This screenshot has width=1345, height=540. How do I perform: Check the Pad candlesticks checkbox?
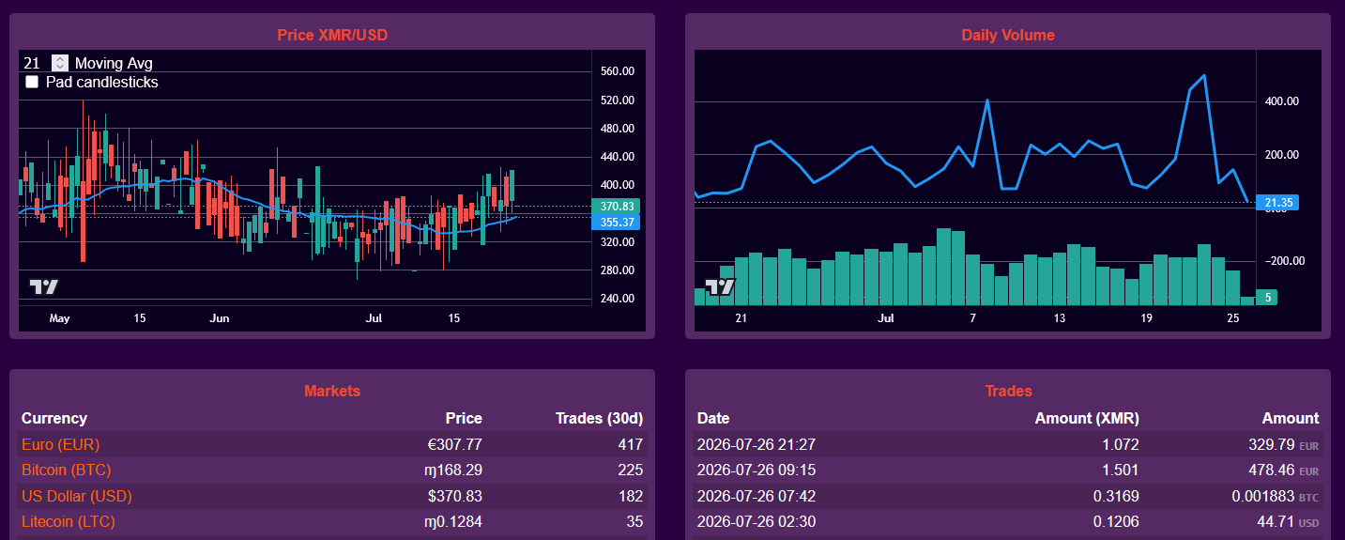[x=32, y=82]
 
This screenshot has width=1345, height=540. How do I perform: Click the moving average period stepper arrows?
[x=59, y=63]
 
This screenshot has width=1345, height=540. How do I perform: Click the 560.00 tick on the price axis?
[x=618, y=70]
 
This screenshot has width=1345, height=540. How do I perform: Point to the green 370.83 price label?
[x=616, y=206]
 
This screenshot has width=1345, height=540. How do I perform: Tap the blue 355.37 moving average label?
[x=616, y=223]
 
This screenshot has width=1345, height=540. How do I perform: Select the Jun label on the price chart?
[x=220, y=318]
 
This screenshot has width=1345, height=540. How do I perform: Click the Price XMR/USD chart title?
[x=332, y=35]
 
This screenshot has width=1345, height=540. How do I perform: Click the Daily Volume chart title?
[x=1007, y=35]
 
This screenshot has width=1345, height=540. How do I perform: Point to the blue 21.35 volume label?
[x=1277, y=203]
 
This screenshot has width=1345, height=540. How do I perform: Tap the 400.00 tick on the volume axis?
[x=1281, y=100]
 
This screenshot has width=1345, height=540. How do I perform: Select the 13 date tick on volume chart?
[x=1059, y=318]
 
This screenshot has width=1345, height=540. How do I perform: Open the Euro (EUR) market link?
[x=61, y=444]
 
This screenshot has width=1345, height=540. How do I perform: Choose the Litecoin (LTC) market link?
[x=69, y=521]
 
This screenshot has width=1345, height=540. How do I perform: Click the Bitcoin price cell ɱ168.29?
[x=453, y=470]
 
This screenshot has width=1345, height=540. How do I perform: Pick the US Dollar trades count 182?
[x=631, y=496]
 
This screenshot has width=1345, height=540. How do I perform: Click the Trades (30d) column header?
[x=599, y=418]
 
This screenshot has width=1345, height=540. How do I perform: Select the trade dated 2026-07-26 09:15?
[x=756, y=470]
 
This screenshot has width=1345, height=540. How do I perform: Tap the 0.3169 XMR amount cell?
[x=1116, y=496]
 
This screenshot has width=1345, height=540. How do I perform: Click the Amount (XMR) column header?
[x=1087, y=418]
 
